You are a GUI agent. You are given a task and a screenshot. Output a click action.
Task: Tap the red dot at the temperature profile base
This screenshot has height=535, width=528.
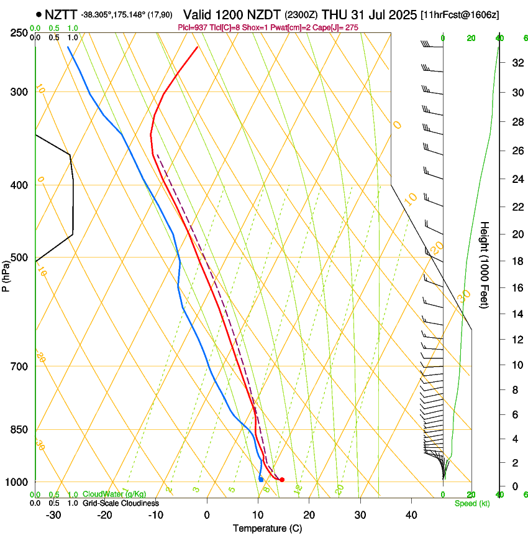[282, 480]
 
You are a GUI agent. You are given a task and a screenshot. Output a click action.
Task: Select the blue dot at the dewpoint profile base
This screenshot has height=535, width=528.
[261, 479]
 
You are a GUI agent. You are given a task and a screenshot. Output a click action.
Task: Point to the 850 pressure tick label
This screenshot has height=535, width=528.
[20, 430]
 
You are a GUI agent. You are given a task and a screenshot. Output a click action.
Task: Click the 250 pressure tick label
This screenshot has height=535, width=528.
[20, 33]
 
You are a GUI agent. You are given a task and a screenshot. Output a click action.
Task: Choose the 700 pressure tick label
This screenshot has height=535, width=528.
[20, 366]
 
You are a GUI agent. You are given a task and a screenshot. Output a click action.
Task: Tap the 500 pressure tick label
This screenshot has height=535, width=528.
[20, 258]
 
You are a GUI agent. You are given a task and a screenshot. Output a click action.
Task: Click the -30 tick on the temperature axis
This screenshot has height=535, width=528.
[53, 515]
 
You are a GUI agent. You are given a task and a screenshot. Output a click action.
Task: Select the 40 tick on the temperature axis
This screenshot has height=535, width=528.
[411, 515]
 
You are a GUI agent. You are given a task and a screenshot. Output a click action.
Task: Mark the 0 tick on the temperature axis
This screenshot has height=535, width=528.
[207, 515]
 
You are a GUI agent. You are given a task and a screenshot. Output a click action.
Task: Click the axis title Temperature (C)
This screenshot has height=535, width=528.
[267, 529]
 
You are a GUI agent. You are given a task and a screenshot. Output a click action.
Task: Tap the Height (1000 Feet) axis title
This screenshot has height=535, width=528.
[485, 264]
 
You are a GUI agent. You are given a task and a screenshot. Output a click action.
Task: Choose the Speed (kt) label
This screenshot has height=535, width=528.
[471, 503]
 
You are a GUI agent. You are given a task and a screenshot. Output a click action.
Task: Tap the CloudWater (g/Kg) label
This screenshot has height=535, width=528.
[114, 495]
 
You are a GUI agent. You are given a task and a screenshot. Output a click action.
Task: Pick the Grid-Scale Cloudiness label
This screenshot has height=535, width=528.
[121, 503]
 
